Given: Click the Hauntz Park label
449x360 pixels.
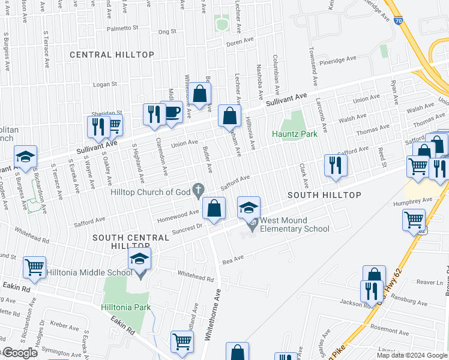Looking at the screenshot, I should point(294,134).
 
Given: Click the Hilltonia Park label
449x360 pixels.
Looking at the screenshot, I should point(125,307).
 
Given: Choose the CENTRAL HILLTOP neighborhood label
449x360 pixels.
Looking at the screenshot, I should point(112,55).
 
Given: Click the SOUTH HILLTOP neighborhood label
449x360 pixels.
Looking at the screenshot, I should point(324,196).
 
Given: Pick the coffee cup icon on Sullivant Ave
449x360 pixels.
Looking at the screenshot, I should point(172,112).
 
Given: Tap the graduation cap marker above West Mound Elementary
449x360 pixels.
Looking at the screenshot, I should point(249,208).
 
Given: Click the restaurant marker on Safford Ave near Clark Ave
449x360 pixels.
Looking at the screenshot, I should point(336,166).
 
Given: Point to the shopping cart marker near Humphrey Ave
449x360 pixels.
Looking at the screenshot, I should point(414,220).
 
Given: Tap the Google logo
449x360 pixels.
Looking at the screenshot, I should point(19,353).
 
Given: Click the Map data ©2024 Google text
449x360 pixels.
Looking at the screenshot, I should point(412,355).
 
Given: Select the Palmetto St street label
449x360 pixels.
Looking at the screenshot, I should point(122,28).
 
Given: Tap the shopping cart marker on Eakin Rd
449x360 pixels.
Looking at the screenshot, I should point(34,268).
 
